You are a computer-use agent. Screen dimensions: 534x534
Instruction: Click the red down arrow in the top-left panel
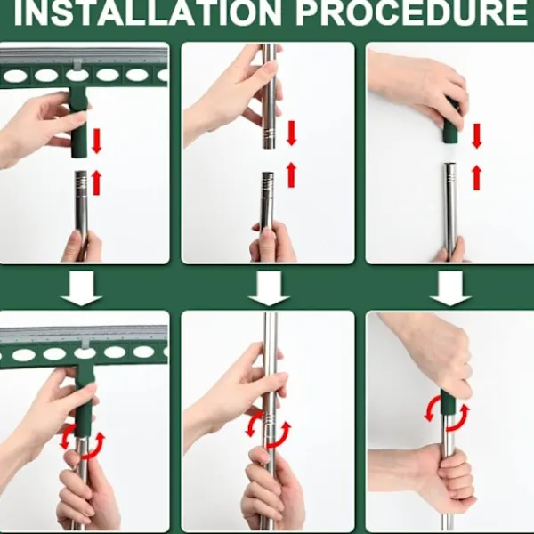click(x=97, y=142)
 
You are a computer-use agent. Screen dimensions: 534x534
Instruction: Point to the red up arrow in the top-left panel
click(x=97, y=182)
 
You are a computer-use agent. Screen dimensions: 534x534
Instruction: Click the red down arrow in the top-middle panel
click(x=292, y=133)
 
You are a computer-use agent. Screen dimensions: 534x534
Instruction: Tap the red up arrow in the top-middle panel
click(x=292, y=174)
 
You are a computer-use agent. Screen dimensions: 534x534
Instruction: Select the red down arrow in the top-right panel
click(x=477, y=136)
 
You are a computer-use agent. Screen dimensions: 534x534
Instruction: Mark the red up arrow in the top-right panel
click(x=477, y=177)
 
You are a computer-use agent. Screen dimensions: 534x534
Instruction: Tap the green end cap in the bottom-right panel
click(x=449, y=402)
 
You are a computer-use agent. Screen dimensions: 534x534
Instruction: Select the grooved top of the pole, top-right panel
click(x=450, y=172)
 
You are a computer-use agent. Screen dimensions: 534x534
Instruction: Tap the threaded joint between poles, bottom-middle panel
click(x=269, y=419)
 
